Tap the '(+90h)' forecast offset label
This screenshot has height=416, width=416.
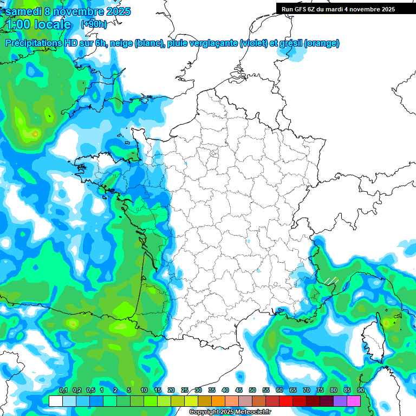[94, 24]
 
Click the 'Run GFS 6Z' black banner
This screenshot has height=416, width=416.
[338, 9]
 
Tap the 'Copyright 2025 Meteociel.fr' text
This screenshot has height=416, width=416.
[230, 412]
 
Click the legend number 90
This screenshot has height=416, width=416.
[360, 390]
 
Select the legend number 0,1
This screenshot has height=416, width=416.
[63, 390]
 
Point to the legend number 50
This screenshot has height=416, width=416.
[252, 390]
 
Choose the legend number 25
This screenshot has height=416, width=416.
[185, 390]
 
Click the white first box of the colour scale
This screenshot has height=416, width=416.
[55, 401]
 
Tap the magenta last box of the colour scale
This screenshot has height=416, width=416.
[354, 401]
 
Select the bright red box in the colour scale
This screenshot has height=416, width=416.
[286, 401]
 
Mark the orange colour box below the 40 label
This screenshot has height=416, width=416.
[218, 401]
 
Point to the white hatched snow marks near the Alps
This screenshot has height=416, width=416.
[330, 281]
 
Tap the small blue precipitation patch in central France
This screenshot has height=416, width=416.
[248, 241]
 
